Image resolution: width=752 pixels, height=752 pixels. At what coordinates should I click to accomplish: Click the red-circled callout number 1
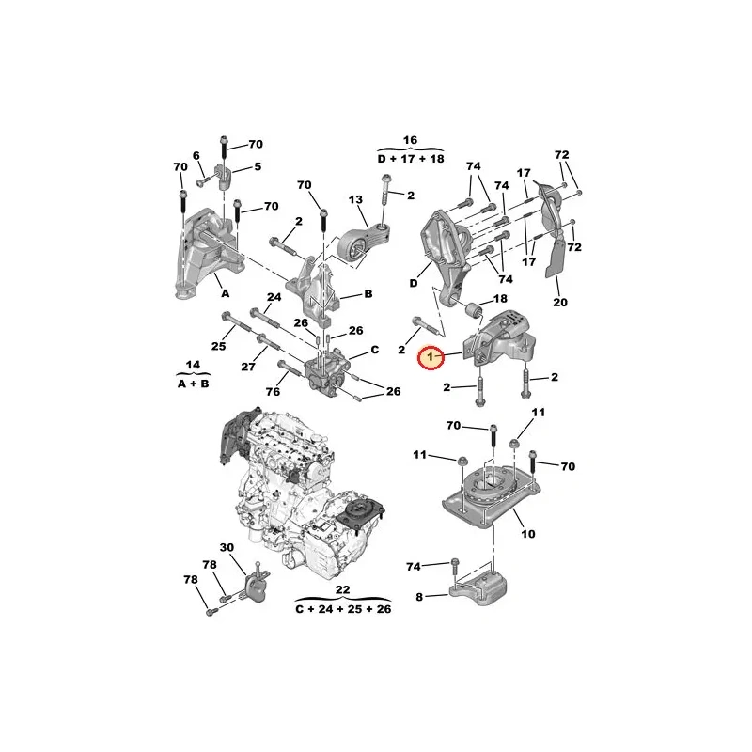(x=431, y=357)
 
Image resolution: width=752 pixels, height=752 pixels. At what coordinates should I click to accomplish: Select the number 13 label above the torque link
(x=356, y=199)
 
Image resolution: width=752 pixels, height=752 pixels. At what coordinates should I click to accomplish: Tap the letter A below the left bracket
(x=225, y=293)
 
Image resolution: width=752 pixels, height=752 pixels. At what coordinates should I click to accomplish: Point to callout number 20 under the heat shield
(x=559, y=302)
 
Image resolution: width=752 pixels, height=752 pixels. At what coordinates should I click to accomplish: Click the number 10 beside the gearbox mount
(x=528, y=533)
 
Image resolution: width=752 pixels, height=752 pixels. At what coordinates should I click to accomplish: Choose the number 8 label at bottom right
(x=419, y=597)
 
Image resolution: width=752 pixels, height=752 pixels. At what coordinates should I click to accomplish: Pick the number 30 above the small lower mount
(x=227, y=547)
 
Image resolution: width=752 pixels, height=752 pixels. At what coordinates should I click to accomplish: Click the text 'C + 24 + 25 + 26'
(x=343, y=609)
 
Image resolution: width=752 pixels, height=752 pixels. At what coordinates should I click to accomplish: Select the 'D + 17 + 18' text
(x=411, y=159)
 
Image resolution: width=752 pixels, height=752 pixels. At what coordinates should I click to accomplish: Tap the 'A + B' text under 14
(x=194, y=384)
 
